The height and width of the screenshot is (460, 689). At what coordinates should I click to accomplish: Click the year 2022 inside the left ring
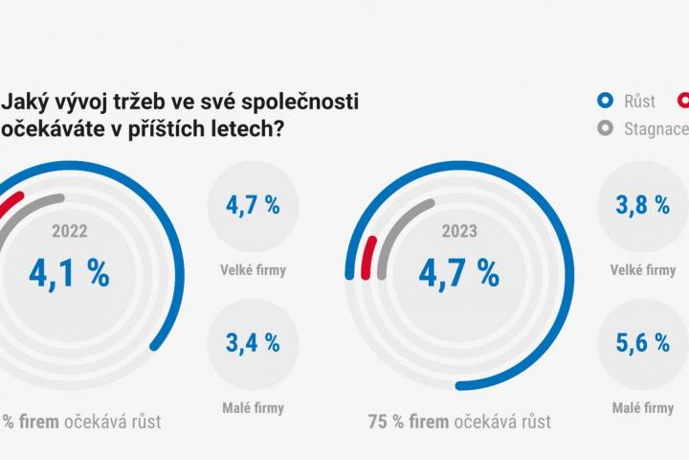(69, 231)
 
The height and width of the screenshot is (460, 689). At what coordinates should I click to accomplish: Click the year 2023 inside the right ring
(458, 231)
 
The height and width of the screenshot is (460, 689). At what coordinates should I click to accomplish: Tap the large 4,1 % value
(69, 272)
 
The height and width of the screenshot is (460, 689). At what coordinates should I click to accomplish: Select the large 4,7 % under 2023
(458, 272)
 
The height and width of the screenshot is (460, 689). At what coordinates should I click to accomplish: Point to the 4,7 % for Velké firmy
(253, 205)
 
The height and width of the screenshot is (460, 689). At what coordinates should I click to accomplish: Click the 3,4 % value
(253, 341)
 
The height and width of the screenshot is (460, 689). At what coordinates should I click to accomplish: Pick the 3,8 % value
(642, 205)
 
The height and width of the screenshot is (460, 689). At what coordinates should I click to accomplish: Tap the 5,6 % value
(642, 341)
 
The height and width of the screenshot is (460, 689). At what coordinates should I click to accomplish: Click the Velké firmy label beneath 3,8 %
(642, 270)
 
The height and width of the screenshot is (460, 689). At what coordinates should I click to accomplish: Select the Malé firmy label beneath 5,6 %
(642, 408)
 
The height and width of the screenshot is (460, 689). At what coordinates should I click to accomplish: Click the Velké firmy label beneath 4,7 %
(253, 270)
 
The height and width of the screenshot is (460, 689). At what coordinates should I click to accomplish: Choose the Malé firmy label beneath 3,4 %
(253, 408)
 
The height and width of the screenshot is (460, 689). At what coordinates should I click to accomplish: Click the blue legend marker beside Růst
(604, 100)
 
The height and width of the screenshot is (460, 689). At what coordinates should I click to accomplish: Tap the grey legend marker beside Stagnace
(604, 128)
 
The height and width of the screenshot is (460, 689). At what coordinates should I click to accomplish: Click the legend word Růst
(639, 100)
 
